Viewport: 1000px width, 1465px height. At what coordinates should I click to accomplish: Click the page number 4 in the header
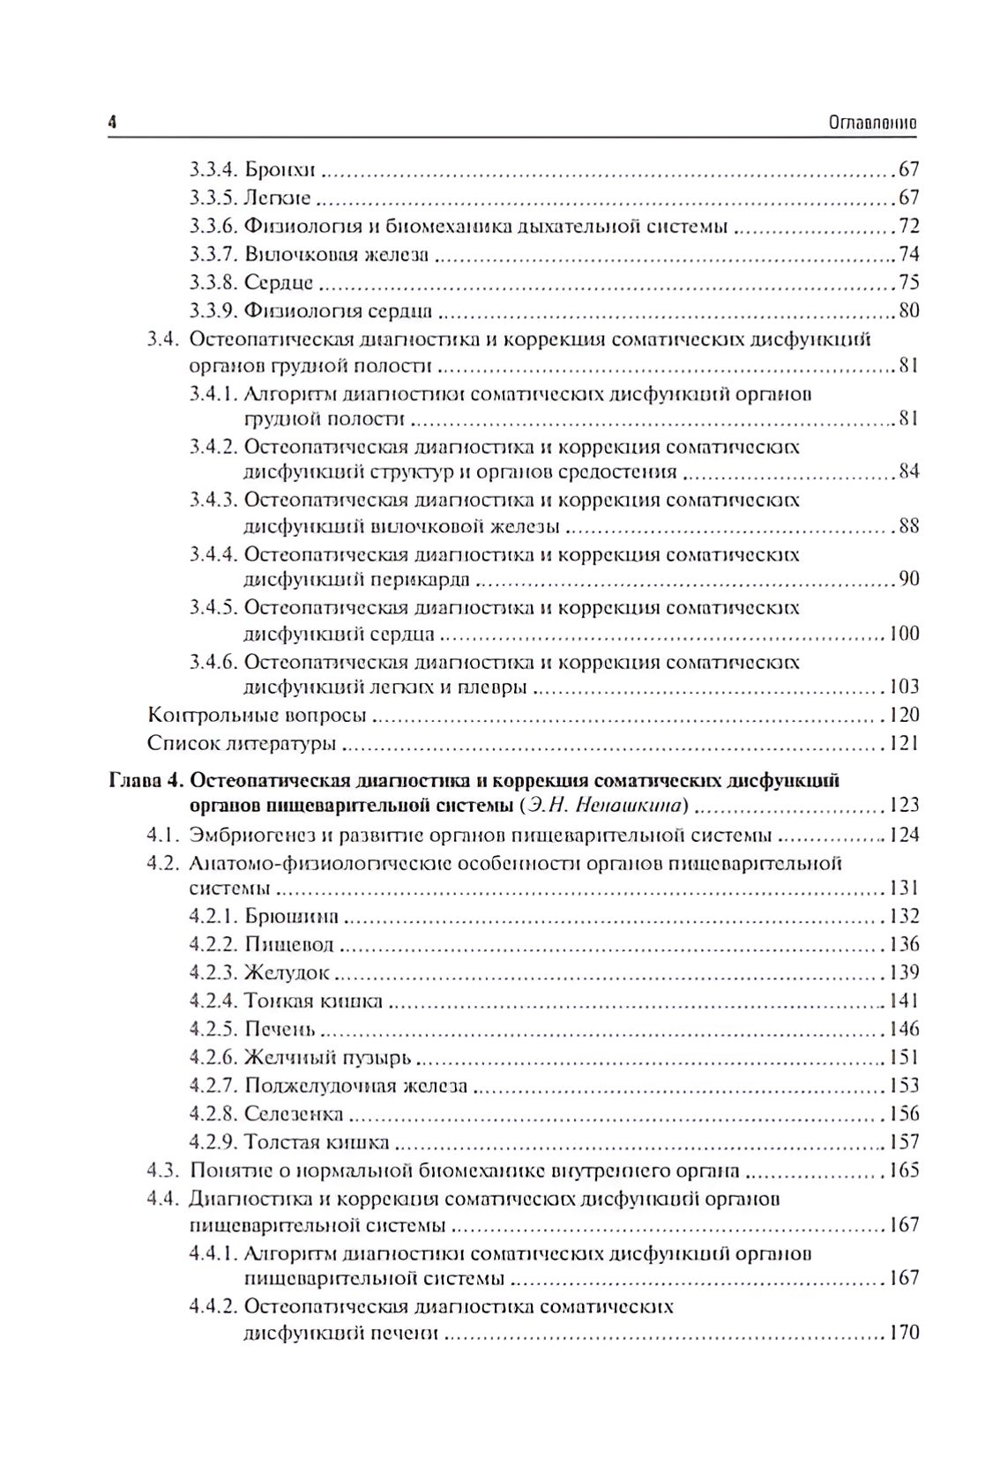pyautogui.click(x=112, y=123)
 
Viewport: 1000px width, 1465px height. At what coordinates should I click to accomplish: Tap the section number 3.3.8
pyautogui.click(x=213, y=283)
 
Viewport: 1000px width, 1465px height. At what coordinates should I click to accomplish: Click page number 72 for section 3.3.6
pyautogui.click(x=908, y=227)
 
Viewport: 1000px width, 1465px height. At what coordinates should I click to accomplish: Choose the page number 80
pyautogui.click(x=908, y=310)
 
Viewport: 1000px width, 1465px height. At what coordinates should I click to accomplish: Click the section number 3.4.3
pyautogui.click(x=213, y=501)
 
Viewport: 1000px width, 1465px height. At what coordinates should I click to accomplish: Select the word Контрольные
pyautogui.click(x=212, y=715)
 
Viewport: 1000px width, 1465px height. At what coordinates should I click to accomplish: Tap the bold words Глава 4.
pyautogui.click(x=145, y=780)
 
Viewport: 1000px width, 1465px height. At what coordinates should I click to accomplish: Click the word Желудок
pyautogui.click(x=286, y=972)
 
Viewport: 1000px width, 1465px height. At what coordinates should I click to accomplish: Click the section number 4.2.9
pyautogui.click(x=213, y=1142)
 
